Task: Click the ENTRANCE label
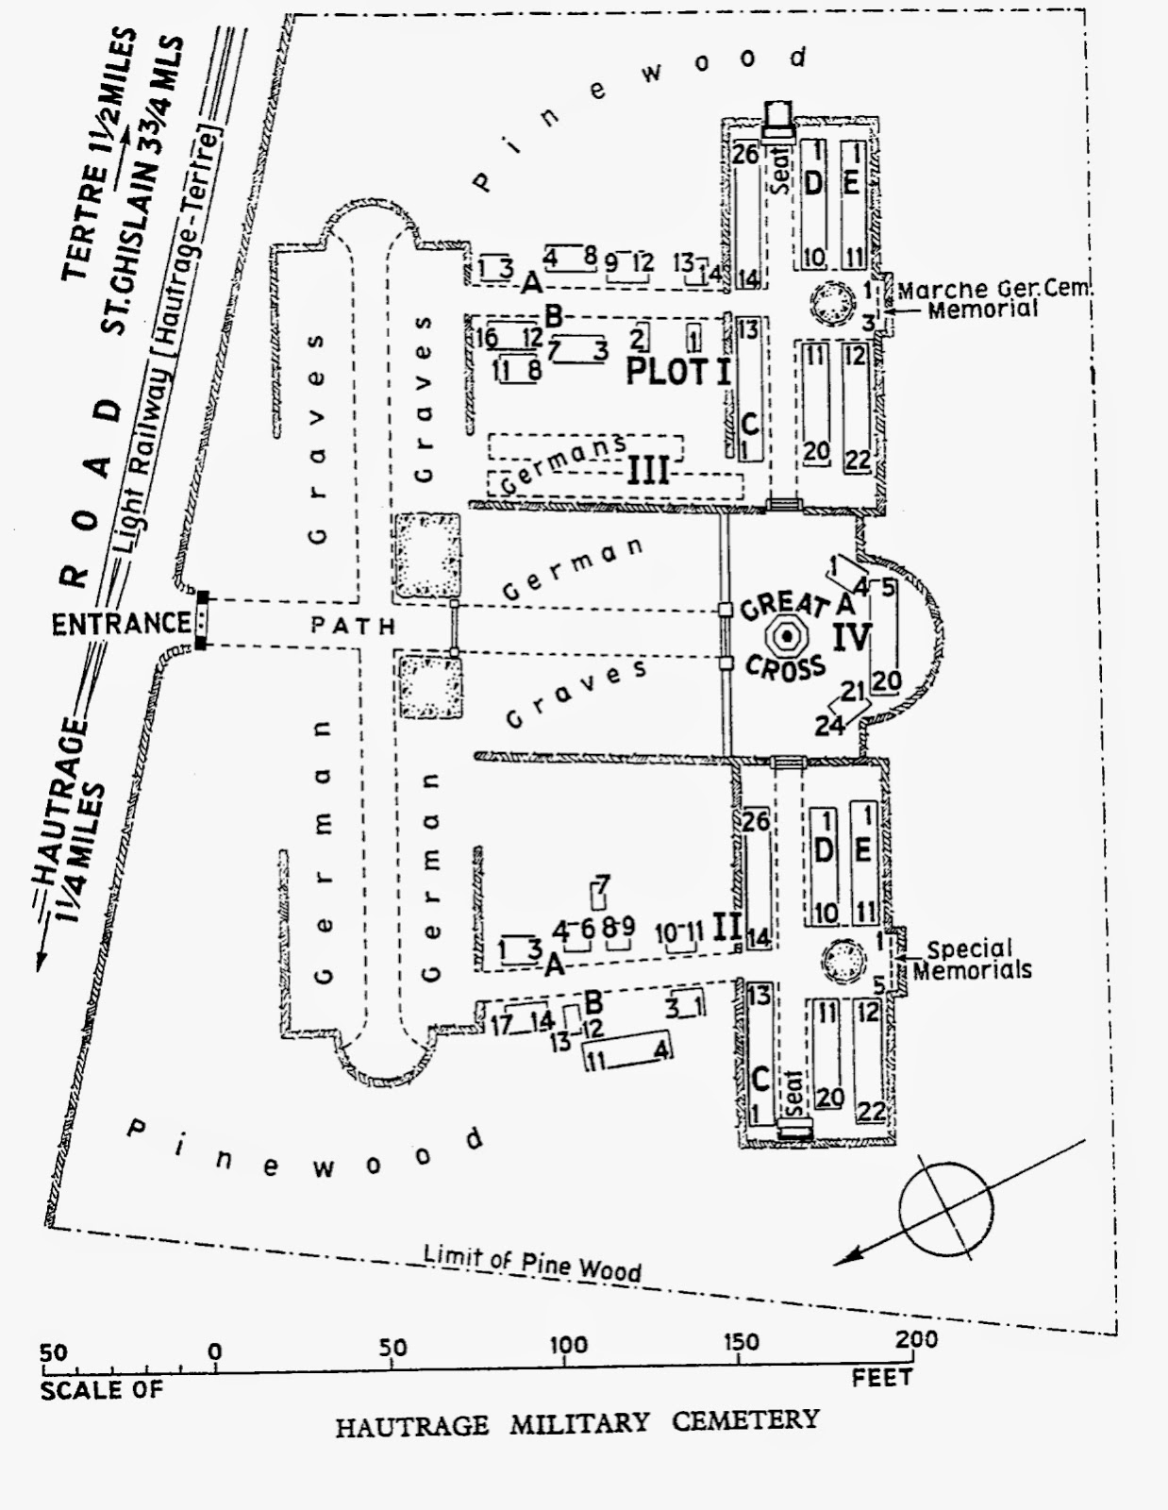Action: [121, 624]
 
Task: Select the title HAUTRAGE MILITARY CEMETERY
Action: [576, 1422]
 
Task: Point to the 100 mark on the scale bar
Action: [567, 1346]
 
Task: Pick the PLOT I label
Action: [678, 371]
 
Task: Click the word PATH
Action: [354, 625]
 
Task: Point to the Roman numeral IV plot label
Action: [851, 637]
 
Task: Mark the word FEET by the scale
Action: [881, 1378]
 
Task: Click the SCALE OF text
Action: [102, 1390]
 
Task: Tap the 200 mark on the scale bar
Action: [916, 1340]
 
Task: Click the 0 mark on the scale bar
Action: [215, 1352]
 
